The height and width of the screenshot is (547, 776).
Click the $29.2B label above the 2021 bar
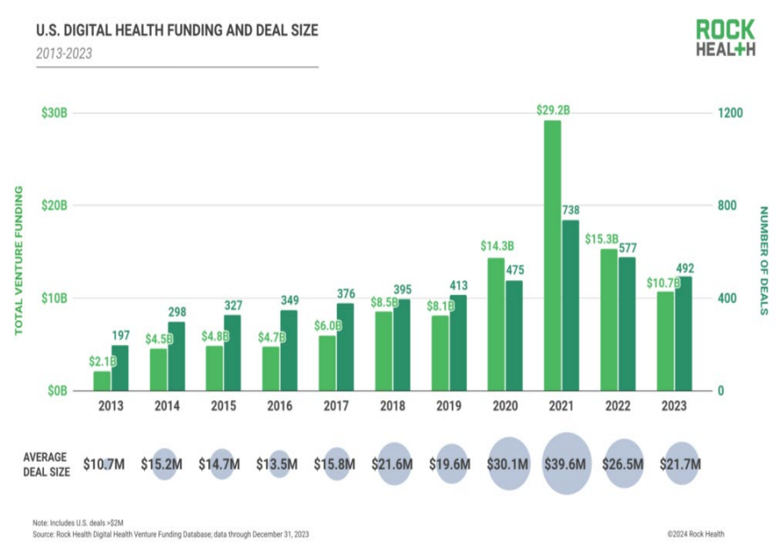(552, 109)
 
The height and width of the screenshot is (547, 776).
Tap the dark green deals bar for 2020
(514, 335)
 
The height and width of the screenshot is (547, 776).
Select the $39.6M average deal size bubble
(567, 464)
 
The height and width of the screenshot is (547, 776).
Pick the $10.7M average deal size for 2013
(104, 464)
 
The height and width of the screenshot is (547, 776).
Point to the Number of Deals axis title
(761, 260)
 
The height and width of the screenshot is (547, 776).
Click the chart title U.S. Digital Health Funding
(177, 31)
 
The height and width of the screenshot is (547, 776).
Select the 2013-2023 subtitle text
(64, 53)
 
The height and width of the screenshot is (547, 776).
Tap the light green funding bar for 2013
(102, 380)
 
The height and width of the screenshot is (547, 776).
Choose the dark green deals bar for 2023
(683, 333)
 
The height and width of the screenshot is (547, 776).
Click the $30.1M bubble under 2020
(509, 464)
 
